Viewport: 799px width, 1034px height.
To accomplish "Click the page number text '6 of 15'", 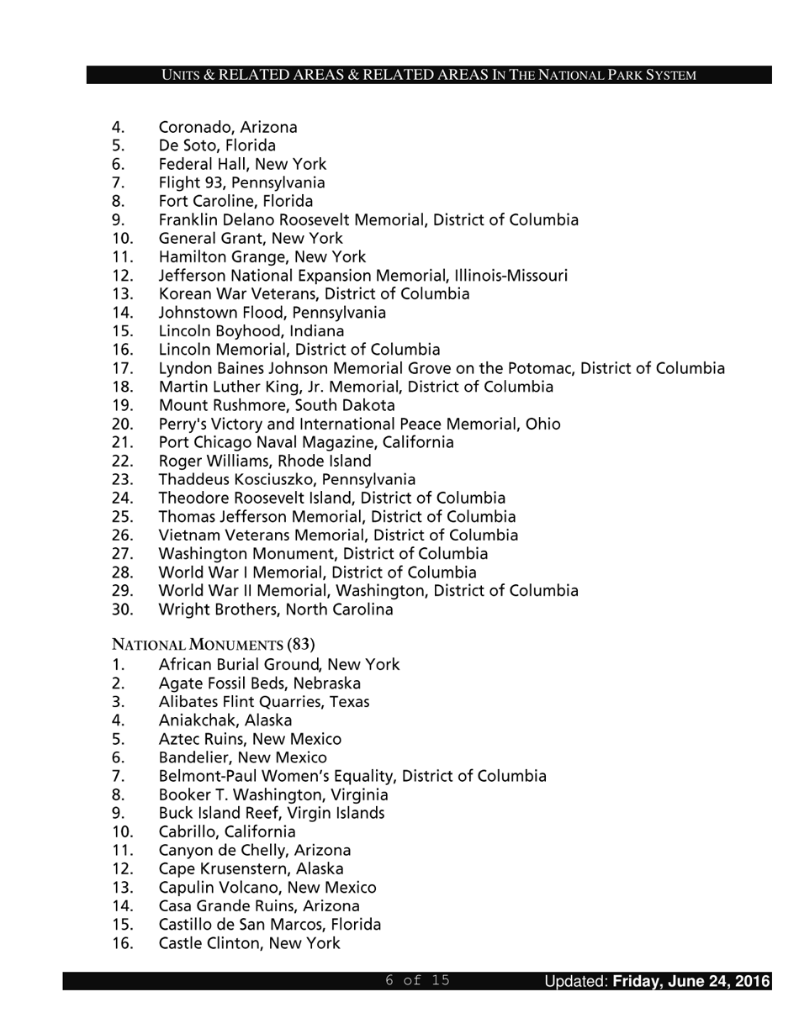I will [417, 980].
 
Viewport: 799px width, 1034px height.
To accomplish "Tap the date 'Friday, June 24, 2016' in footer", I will [691, 981].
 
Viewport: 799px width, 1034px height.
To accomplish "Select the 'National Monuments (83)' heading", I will [214, 645].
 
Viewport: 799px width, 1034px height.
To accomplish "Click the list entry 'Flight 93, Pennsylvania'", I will [241, 182].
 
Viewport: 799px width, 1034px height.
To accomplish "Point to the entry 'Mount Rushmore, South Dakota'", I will [277, 405].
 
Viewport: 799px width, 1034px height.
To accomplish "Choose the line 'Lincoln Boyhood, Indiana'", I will [251, 331].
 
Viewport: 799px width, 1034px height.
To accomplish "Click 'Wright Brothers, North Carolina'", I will [275, 609].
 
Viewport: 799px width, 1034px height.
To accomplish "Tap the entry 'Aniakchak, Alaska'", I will [225, 720].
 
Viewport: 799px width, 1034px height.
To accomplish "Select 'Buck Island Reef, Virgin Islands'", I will [271, 813].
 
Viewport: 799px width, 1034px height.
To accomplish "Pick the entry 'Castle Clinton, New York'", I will [249, 943].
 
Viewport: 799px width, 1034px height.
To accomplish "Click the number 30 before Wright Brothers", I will [123, 609].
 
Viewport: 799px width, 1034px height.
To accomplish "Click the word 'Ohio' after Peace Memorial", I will [542, 424].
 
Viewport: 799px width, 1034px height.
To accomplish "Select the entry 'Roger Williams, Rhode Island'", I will [264, 461].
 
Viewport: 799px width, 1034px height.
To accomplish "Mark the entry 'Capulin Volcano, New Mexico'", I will [267, 888].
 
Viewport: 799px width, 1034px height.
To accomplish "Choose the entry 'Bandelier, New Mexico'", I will [242, 757].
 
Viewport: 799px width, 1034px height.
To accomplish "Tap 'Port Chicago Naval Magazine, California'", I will [305, 442].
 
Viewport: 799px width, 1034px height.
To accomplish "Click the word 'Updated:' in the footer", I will [575, 981].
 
